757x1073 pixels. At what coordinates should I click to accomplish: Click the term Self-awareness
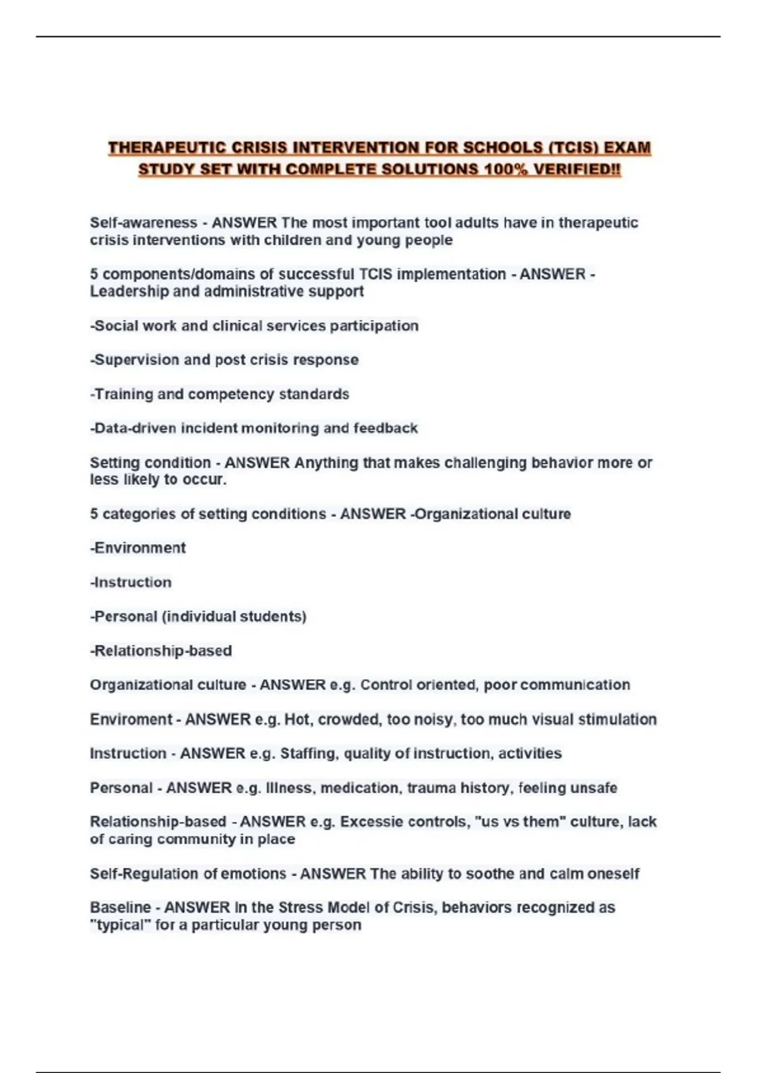click(143, 223)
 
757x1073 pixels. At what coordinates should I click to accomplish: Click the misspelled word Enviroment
click(131, 720)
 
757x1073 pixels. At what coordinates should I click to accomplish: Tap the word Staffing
click(307, 754)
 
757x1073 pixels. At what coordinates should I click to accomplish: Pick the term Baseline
click(120, 908)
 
